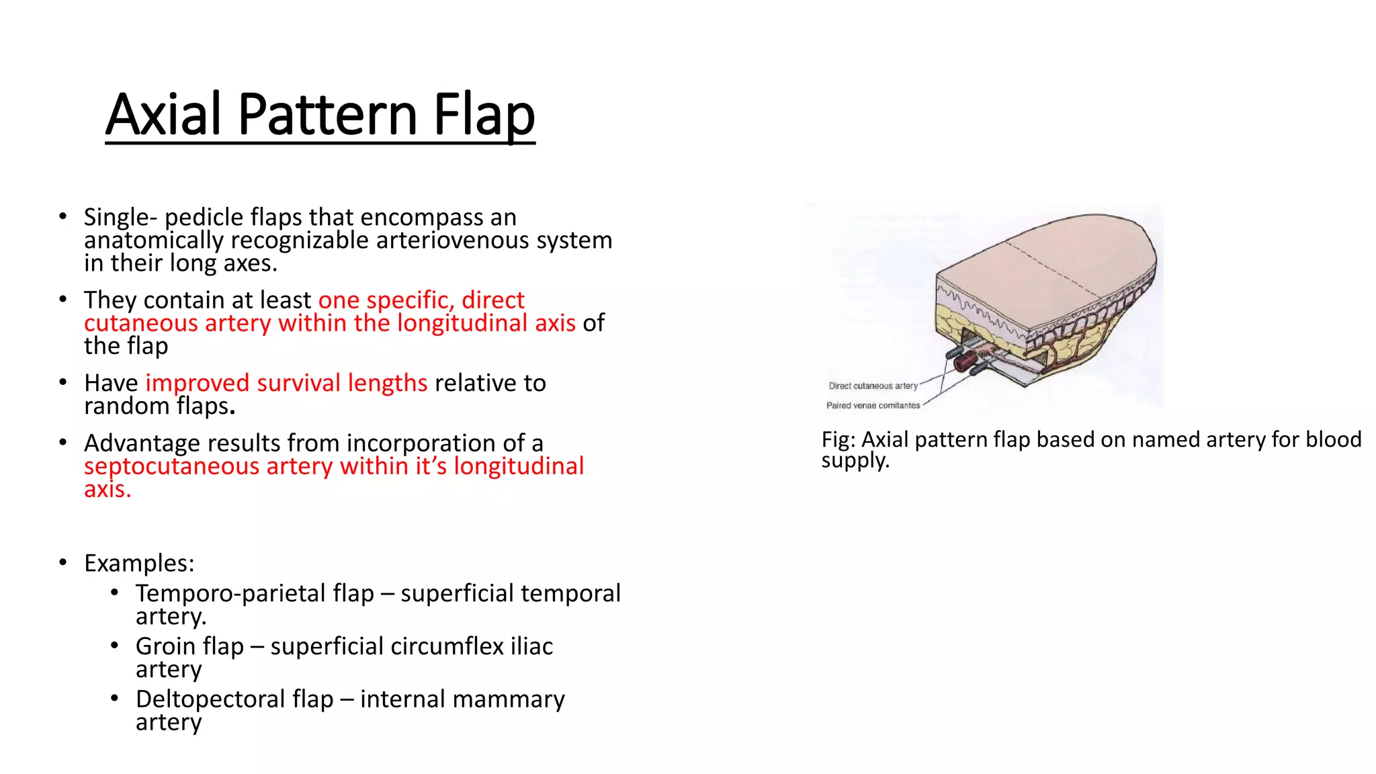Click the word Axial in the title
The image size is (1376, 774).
click(163, 114)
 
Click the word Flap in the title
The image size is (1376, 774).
click(484, 114)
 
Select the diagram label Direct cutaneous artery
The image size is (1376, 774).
click(873, 386)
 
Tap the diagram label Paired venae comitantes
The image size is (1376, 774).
click(873, 406)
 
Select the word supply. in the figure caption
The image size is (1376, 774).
click(855, 461)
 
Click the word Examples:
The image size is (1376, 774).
click(139, 563)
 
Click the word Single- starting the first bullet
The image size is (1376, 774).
click(120, 218)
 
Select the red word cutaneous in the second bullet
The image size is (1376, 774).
click(140, 324)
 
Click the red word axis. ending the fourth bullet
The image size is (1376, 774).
click(107, 490)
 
